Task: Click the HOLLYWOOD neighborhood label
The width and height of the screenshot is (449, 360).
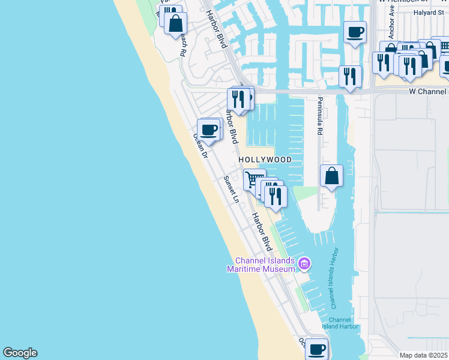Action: pyautogui.click(x=265, y=160)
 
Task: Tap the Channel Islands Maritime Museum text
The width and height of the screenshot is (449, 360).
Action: pyautogui.click(x=264, y=265)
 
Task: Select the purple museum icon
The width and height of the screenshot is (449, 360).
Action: pyautogui.click(x=304, y=264)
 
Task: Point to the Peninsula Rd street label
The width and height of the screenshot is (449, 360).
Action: pyautogui.click(x=320, y=116)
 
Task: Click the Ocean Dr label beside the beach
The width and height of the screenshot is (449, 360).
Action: pyautogui.click(x=200, y=146)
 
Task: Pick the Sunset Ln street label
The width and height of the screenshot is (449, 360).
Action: pyautogui.click(x=231, y=189)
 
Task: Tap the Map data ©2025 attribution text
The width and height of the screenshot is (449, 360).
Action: pyautogui.click(x=423, y=355)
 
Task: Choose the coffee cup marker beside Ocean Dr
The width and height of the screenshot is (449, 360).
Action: pyautogui.click(x=209, y=130)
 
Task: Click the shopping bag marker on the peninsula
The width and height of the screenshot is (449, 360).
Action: pyautogui.click(x=331, y=176)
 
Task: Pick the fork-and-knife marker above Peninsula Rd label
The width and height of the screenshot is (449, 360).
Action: pyautogui.click(x=349, y=77)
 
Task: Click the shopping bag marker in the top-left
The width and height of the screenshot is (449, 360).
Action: pyautogui.click(x=176, y=24)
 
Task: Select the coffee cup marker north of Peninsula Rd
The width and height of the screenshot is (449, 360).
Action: pyautogui.click(x=355, y=32)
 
